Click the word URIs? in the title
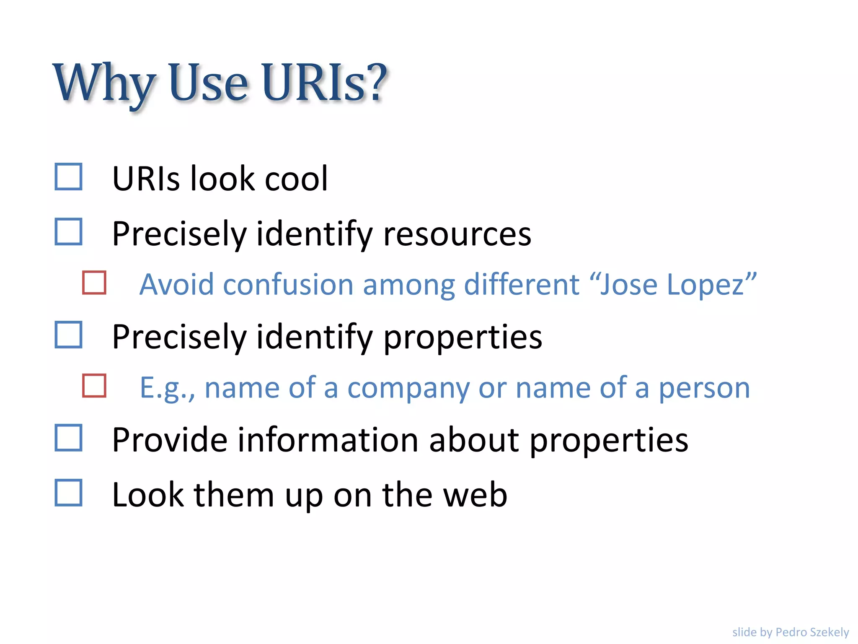pos(325,83)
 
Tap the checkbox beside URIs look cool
pos(68,177)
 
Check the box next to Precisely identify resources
pos(68,231)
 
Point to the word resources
pos(457,234)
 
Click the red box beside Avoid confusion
pos(94,283)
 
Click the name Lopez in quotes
pos(707,285)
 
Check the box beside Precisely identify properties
pos(68,335)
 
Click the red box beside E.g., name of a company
pos(94,385)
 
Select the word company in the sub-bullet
pos(408,388)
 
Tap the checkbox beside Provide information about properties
pos(68,438)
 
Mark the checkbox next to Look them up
pos(68,493)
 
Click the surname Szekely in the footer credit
pos(830,632)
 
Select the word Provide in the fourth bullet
pos(170,440)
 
